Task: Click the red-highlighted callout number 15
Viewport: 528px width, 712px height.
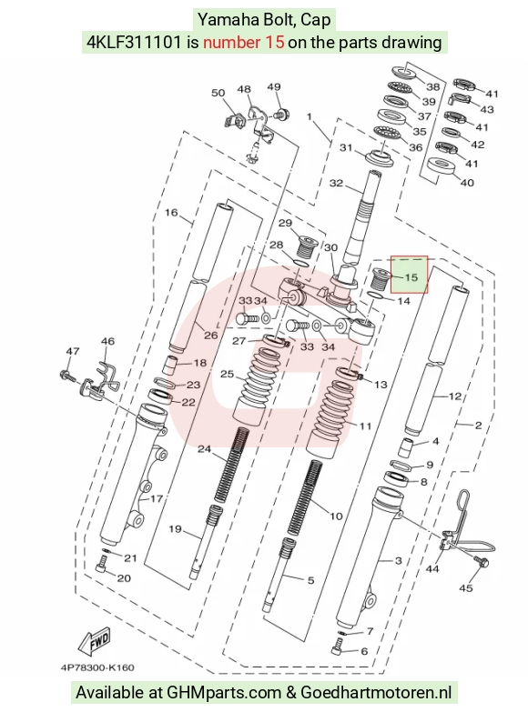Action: pos(411,277)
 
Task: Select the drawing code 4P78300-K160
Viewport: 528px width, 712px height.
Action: pos(97,667)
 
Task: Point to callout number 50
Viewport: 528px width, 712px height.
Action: pos(218,93)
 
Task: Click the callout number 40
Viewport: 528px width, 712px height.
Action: pos(467,183)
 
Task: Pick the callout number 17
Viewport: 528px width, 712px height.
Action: pos(157,498)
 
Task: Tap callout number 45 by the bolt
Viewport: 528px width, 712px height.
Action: pos(466,588)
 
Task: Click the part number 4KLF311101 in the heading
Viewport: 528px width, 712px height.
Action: pos(135,42)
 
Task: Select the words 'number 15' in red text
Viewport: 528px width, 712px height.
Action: pos(244,42)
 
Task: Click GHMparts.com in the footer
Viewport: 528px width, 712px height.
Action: pos(224,693)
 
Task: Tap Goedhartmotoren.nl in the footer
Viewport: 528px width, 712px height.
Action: pos(376,693)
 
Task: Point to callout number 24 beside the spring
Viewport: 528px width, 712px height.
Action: pos(204,449)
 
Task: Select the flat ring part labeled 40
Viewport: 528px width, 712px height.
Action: pos(442,165)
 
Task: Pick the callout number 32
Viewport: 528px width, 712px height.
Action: pos(336,183)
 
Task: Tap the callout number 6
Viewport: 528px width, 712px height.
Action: pos(364,651)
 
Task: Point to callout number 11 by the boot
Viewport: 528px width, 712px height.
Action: pos(366,426)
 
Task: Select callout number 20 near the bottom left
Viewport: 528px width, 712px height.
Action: pos(124,578)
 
